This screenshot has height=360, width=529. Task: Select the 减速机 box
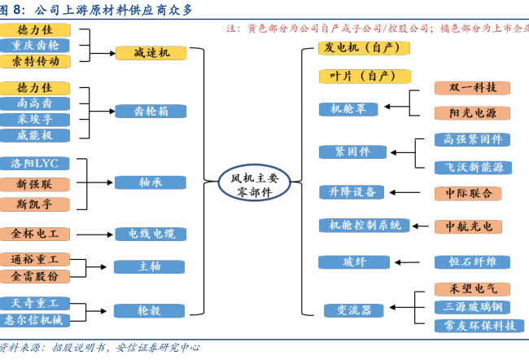point(152,54)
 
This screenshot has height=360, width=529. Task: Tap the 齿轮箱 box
point(152,111)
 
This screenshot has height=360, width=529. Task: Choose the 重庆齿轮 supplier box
point(36,45)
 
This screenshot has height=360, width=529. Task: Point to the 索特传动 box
point(36,61)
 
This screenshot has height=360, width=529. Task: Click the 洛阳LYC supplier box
point(36,164)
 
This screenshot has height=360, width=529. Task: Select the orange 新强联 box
point(36,184)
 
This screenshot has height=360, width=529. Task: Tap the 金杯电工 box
point(36,234)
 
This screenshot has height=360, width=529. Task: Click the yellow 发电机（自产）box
point(363,47)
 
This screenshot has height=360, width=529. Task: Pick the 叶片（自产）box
point(363,76)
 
